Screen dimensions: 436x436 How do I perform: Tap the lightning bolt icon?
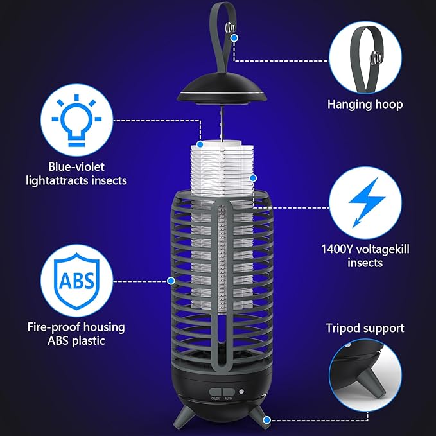point(367,201)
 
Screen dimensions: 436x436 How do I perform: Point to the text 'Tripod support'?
point(365,328)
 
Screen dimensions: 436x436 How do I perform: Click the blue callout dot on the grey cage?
point(171,280)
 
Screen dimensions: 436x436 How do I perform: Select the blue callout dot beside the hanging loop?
point(235,38)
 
